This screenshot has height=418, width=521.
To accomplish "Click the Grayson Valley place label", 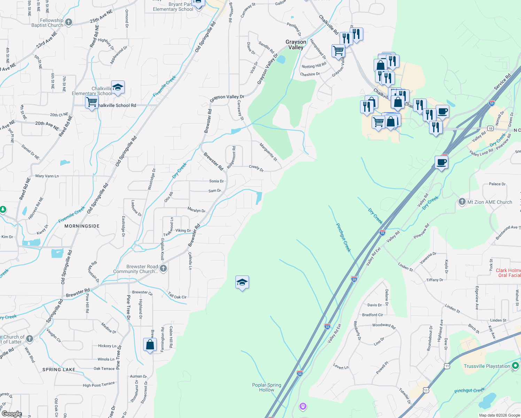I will pyautogui.click(x=296, y=45).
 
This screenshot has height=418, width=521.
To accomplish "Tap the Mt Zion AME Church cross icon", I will pyautogui.click(x=462, y=202).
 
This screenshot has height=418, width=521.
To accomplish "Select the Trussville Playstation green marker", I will pyautogui.click(x=515, y=366).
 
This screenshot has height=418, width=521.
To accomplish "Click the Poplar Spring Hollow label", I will pyautogui.click(x=267, y=387).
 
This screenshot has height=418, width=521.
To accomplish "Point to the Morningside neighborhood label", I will pyautogui.click(x=82, y=226).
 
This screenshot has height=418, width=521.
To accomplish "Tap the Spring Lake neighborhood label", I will pyautogui.click(x=59, y=370).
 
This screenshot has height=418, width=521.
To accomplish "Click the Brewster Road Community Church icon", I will pyautogui.click(x=163, y=269).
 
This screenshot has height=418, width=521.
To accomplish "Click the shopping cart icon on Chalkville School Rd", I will pyautogui.click(x=92, y=102).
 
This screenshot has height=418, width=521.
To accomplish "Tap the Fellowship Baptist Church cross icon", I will pyautogui.click(x=69, y=22).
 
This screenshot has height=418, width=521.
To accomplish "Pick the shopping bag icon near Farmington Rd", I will pyautogui.click(x=150, y=345).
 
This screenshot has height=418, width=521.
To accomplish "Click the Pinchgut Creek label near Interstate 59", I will pyautogui.click(x=343, y=238).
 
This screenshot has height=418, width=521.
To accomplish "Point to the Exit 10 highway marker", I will pyautogui.click(x=490, y=129).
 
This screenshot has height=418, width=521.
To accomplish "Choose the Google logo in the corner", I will pyautogui.click(x=11, y=414).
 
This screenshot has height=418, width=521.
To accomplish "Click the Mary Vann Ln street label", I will pyautogui.click(x=47, y=176).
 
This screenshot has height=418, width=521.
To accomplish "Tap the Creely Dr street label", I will pyautogui.click(x=256, y=168).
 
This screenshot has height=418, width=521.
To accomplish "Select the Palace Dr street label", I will pyautogui.click(x=497, y=184).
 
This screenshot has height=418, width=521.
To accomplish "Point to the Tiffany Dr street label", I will pyautogui.click(x=435, y=280).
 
